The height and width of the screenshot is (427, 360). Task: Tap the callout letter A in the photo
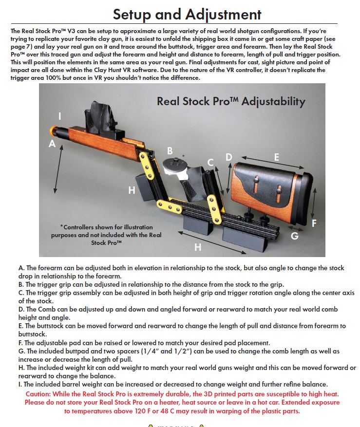tap(52, 144)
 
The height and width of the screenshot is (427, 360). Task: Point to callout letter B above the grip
tap(170, 150)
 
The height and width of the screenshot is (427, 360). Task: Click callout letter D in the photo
tap(228, 157)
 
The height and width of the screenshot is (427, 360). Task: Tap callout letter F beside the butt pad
tap(314, 223)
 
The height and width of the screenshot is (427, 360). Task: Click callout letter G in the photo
tap(294, 236)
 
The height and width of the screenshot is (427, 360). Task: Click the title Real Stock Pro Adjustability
tap(230, 102)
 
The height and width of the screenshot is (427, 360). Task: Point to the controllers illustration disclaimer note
tap(106, 235)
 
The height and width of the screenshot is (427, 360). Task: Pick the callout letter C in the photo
tap(210, 162)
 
